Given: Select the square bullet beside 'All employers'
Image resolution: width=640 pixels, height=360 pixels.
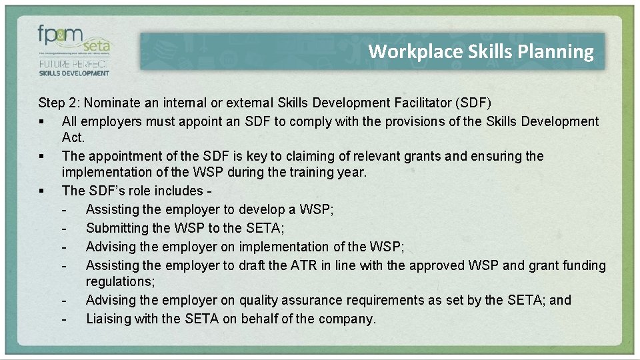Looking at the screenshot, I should (x=41, y=122).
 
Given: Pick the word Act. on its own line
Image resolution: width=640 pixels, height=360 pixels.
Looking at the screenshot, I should (x=73, y=138).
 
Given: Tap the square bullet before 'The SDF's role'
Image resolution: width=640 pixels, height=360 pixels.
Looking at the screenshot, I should (x=41, y=191).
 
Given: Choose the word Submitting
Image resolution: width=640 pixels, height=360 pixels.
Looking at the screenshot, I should (x=119, y=229).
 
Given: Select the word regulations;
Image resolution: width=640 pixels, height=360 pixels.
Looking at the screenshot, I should (x=120, y=282).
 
